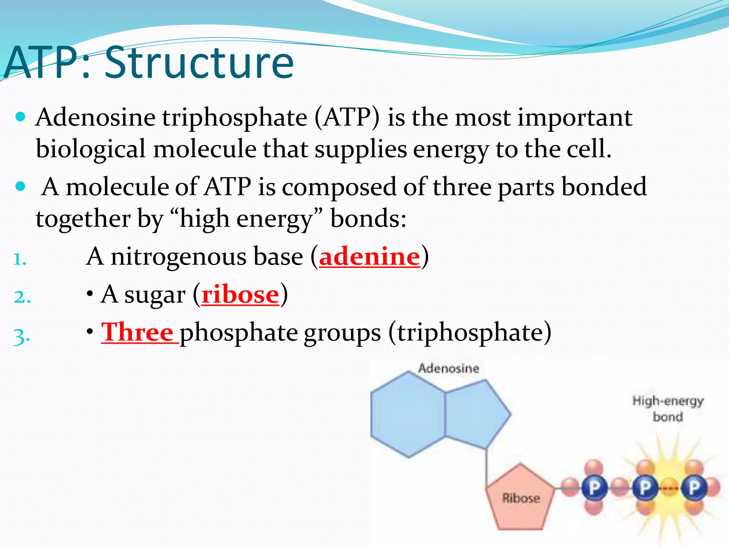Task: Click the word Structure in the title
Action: click(199, 63)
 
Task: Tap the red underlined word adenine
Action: click(369, 256)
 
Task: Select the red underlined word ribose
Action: click(240, 295)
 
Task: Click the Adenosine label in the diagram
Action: click(449, 368)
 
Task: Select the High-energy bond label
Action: click(668, 408)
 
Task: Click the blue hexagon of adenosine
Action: click(408, 415)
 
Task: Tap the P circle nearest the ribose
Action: click(594, 488)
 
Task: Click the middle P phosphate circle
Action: click(644, 488)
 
